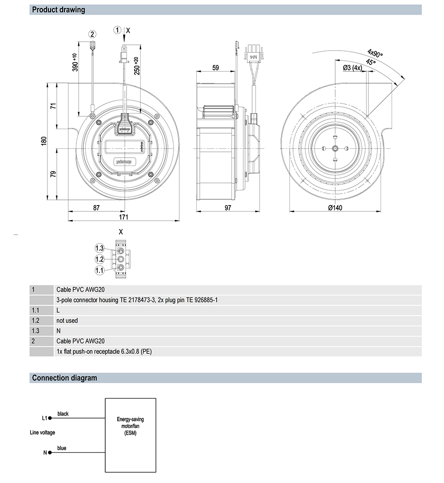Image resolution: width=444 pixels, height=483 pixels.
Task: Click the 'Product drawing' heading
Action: click(58, 9)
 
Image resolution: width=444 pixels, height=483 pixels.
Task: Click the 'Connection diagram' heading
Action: click(64, 378)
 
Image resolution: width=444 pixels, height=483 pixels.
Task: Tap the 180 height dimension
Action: click(44, 141)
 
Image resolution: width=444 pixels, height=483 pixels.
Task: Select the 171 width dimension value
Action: click(123, 217)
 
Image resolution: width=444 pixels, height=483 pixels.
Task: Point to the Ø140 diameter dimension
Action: click(335, 208)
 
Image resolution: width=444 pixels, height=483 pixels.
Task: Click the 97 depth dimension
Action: click(228, 208)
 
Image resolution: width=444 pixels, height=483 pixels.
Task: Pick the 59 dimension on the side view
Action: click(216, 68)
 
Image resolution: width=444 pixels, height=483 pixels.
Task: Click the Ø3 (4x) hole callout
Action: click(353, 68)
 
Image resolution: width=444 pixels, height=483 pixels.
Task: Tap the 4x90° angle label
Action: click(375, 54)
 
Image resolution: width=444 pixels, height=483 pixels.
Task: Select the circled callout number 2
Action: click(92, 34)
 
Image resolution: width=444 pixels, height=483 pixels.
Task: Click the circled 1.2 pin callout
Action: click(99, 259)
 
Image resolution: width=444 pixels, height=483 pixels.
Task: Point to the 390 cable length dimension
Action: click(75, 62)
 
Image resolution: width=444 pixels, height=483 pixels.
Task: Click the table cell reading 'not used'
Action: click(67, 321)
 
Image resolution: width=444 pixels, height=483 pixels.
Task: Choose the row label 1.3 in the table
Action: click(36, 331)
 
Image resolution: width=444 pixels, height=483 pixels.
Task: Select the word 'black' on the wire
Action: click(63, 414)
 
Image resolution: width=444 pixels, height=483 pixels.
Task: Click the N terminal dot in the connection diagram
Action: click(50, 453)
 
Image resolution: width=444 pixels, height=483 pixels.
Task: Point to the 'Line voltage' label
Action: click(43, 432)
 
